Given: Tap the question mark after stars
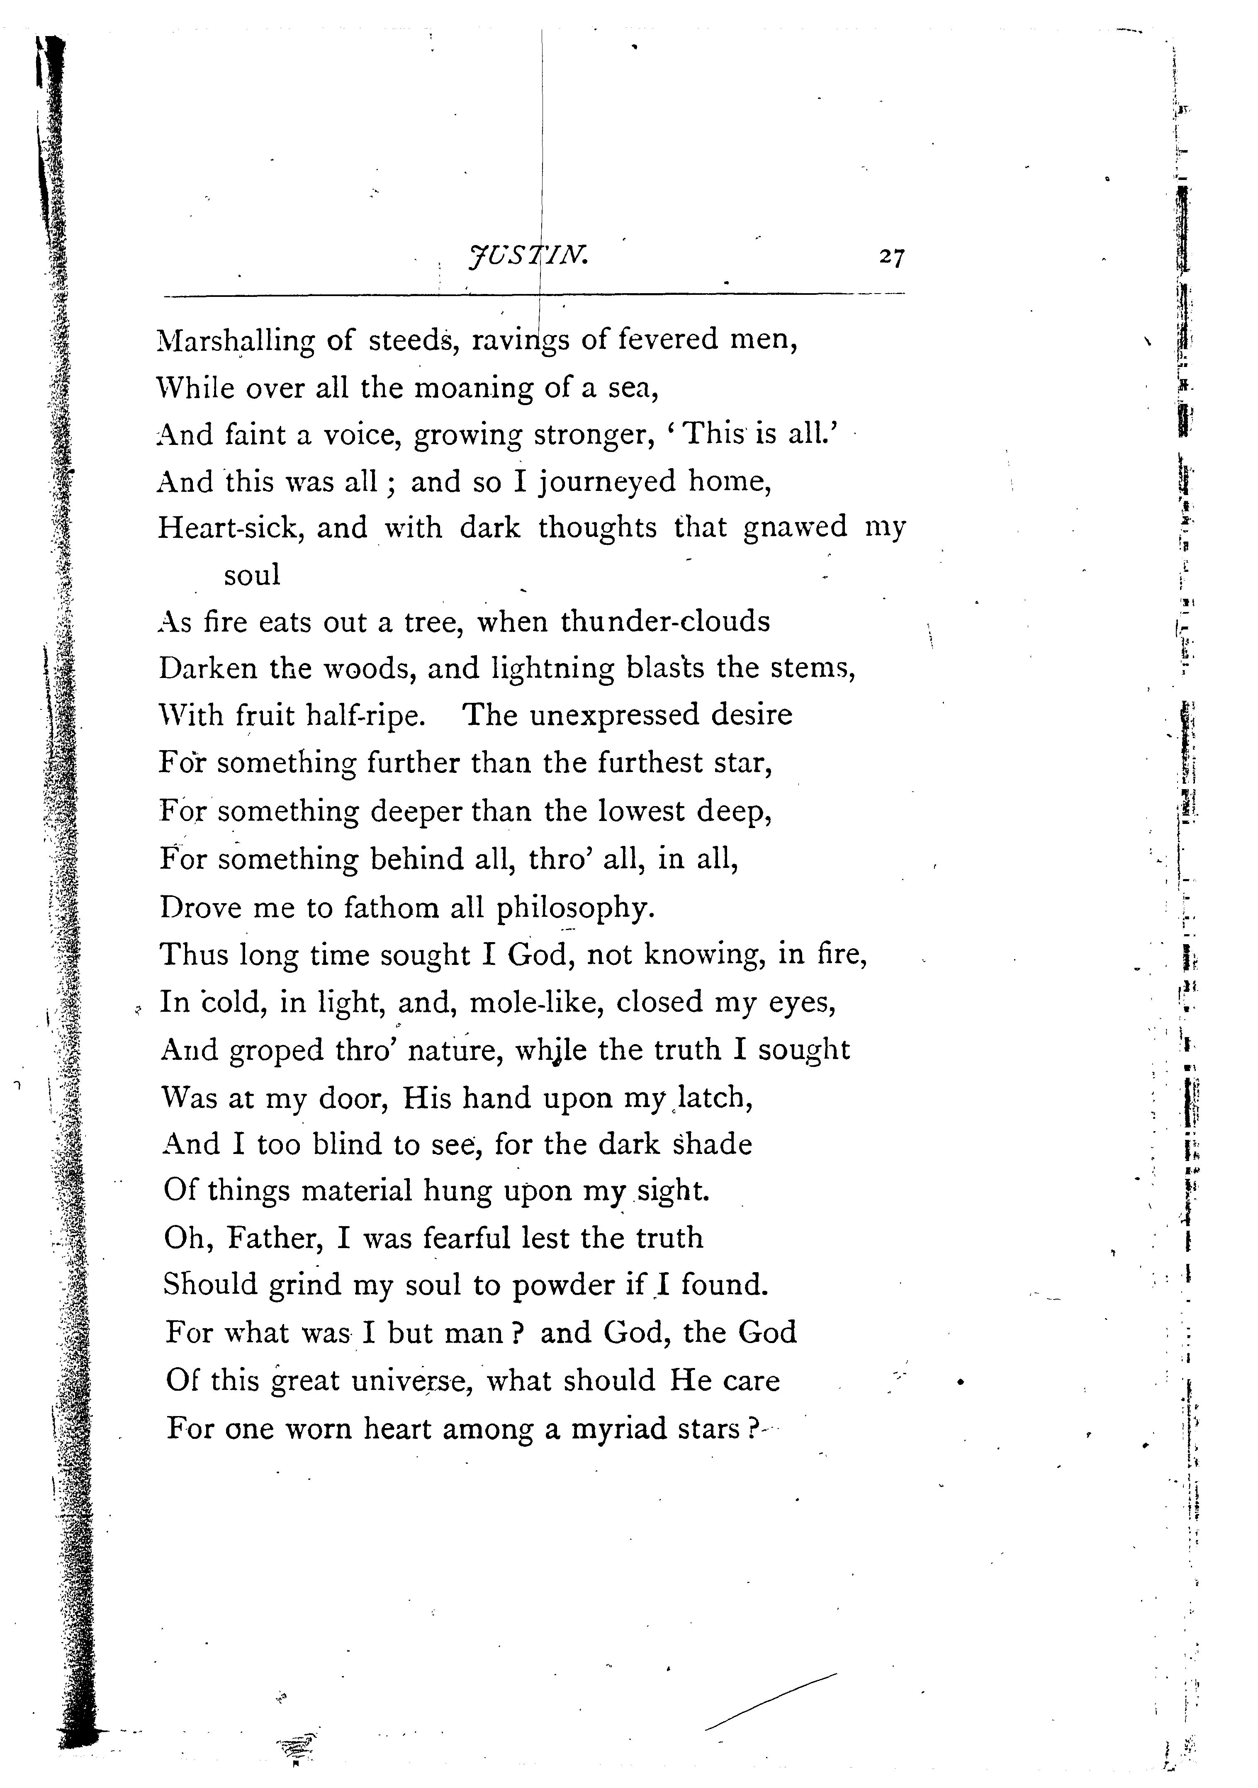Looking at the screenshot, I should tap(752, 1429).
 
